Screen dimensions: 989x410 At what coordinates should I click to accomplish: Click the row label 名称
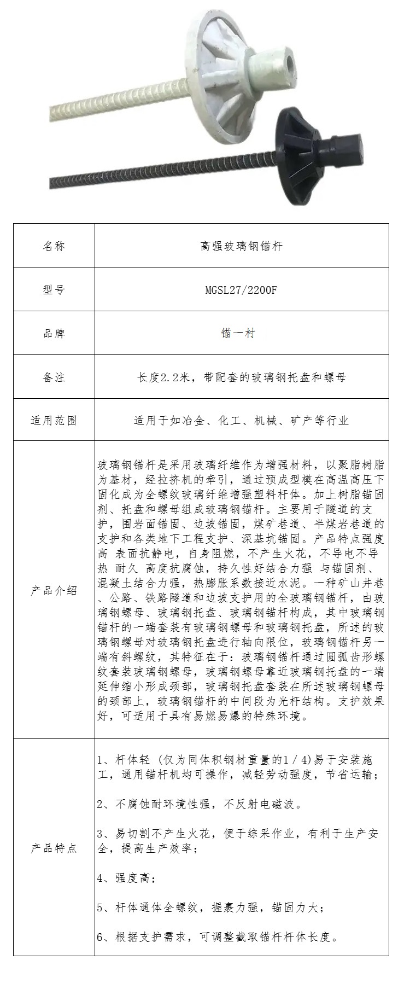coord(54,246)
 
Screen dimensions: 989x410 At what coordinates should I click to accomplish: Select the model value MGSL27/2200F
coord(241,289)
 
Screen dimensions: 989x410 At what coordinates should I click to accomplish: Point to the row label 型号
coord(54,289)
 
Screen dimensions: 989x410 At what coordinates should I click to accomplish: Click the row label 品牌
coord(54,333)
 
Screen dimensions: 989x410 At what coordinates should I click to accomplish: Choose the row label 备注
coord(54,377)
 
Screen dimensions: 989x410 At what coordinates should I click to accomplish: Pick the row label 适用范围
coord(54,420)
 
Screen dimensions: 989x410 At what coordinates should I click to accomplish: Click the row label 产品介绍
coord(54,591)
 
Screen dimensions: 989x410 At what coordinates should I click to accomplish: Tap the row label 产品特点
coord(54,848)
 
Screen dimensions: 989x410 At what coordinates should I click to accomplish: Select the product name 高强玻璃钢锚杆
coord(241,246)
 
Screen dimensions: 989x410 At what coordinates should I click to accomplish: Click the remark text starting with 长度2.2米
coord(241,377)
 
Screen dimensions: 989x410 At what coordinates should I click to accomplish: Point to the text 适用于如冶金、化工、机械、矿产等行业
coord(241,420)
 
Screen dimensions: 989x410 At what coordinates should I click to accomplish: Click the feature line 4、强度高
coord(126,879)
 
